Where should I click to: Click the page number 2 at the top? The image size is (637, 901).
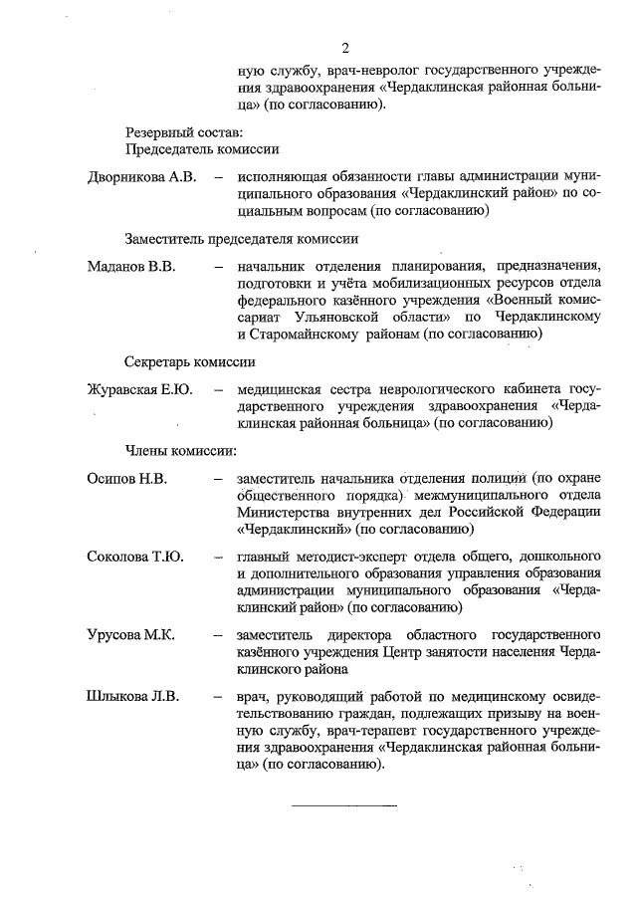[x=344, y=47]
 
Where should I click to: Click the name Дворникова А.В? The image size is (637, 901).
[x=140, y=177]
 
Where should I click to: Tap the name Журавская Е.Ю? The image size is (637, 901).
[x=139, y=387]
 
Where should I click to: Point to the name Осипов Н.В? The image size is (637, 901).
[x=126, y=478]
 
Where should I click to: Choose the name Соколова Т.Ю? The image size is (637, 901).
[x=134, y=556]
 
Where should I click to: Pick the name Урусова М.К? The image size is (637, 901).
[x=131, y=634]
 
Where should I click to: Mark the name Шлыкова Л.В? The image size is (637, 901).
[x=132, y=696]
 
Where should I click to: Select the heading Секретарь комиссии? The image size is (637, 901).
[x=189, y=361]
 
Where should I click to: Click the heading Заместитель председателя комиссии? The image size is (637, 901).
[x=242, y=239]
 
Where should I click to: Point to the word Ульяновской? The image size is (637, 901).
[x=338, y=316]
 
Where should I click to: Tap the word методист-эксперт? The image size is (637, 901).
[x=347, y=556]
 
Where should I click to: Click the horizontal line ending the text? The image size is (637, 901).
[x=344, y=803]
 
